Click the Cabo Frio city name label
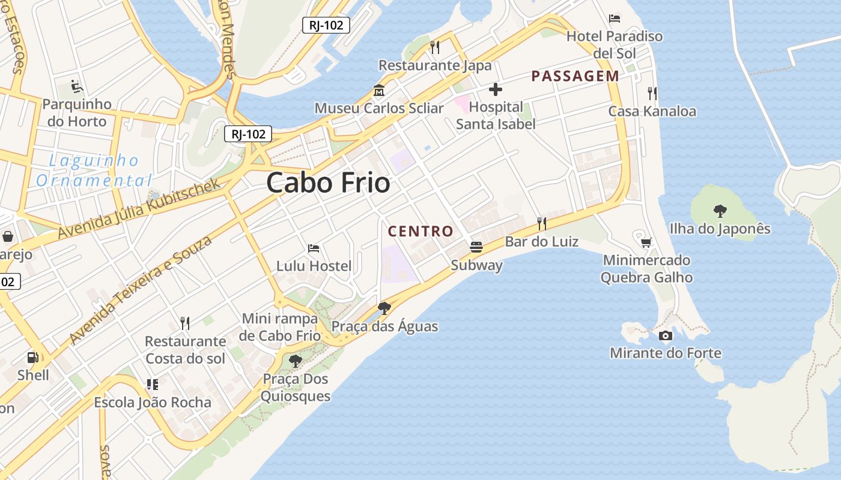pyautogui.click(x=328, y=182)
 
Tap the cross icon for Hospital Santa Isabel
pyautogui.click(x=496, y=90)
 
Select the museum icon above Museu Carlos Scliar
pyautogui.click(x=379, y=91)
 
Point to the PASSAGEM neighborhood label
pyautogui.click(x=575, y=76)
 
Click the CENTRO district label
pyautogui.click(x=421, y=231)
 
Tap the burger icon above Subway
pyautogui.click(x=476, y=247)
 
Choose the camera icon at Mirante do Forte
pyautogui.click(x=666, y=335)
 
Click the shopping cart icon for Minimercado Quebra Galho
pyautogui.click(x=646, y=242)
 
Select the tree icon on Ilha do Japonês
pyautogui.click(x=720, y=211)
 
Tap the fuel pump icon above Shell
pyautogui.click(x=32, y=358)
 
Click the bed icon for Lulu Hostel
pyautogui.click(x=314, y=248)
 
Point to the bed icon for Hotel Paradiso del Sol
pyautogui.click(x=614, y=19)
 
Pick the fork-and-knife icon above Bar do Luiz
pyautogui.click(x=542, y=224)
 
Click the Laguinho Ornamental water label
pyautogui.click(x=94, y=170)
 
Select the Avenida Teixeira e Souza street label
pyautogui.click(x=141, y=290)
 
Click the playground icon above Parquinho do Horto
pyautogui.click(x=77, y=87)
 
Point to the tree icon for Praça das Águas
pyautogui.click(x=384, y=308)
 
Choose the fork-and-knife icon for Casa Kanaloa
pyautogui.click(x=652, y=93)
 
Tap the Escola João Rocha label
pyautogui.click(x=153, y=403)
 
